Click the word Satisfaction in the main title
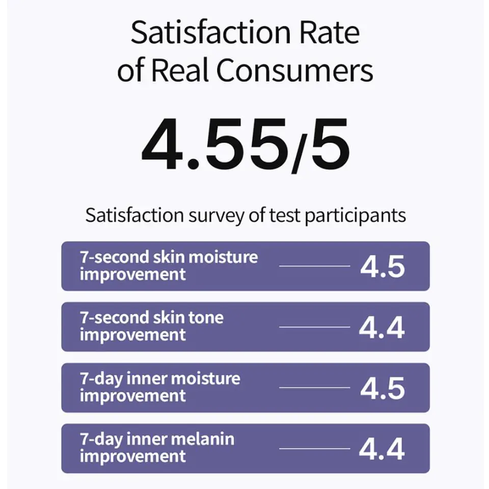click(211, 32)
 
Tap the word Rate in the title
click(330, 32)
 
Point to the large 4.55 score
click(215, 144)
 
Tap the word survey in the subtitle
click(216, 216)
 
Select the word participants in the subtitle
click(355, 216)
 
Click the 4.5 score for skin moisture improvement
click(383, 267)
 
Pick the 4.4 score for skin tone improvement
click(382, 328)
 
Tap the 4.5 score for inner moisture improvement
click(383, 388)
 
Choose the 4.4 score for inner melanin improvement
click(382, 449)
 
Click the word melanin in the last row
click(203, 439)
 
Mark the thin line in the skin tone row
click(314, 327)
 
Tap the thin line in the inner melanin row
click(314, 448)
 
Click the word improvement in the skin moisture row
click(133, 274)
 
